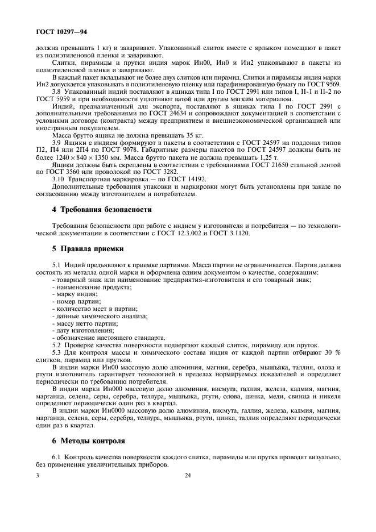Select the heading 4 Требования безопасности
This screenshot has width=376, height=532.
[x=94, y=209]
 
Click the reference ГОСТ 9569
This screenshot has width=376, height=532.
[x=325, y=84]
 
